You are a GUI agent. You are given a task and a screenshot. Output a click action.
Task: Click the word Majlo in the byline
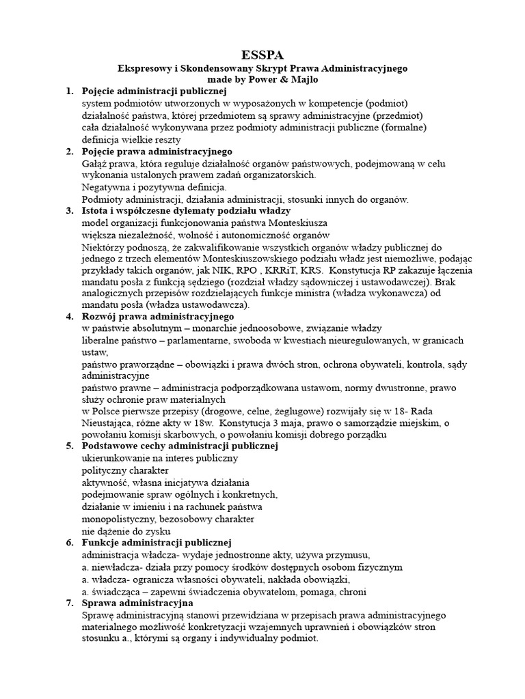click(304, 80)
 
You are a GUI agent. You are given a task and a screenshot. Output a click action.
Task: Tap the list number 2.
click(69, 151)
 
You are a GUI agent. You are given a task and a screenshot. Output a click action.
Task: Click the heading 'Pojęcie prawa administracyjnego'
click(157, 151)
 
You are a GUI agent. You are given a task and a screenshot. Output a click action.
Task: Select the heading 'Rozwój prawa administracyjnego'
click(157, 317)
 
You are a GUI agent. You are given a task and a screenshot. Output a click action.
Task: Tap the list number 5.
click(69, 446)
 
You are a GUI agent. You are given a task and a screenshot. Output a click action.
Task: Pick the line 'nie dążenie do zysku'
click(126, 530)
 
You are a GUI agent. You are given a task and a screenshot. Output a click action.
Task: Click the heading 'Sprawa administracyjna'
click(137, 603)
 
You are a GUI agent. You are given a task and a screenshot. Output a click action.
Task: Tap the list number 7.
click(69, 603)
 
